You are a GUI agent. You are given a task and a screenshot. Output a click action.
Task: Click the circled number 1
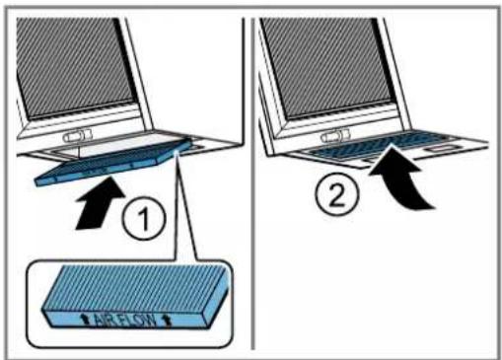144,218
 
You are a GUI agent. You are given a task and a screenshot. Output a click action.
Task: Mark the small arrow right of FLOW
167,322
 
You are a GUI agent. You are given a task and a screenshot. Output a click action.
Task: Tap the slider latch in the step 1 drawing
78,135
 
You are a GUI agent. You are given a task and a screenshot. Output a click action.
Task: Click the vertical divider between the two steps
252,184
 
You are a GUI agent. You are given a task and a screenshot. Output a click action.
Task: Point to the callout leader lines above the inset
185,205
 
